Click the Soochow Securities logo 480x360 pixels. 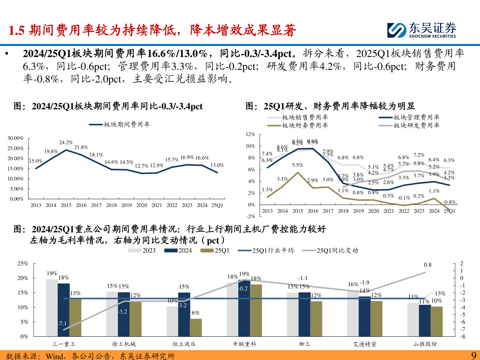pyautogui.click(x=421, y=30)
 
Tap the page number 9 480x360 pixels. pyautogui.click(x=474, y=355)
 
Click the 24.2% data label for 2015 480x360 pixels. pyautogui.click(x=66, y=142)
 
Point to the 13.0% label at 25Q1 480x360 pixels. pyautogui.click(x=217, y=165)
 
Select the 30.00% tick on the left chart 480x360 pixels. pyautogui.click(x=16, y=138)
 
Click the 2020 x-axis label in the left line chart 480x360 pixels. pyautogui.click(x=142, y=205)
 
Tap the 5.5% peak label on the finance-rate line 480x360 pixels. pyautogui.click(x=298, y=165)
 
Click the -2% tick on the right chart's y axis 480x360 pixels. pyautogui.click(x=251, y=216)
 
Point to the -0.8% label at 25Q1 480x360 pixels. pyautogui.click(x=449, y=202)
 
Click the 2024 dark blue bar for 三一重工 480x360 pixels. pyautogui.click(x=64, y=310)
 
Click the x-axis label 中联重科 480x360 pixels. pyautogui.click(x=245, y=344)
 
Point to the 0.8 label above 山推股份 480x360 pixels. pyautogui.click(x=428, y=265)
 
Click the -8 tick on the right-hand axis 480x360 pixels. pyautogui.click(x=463, y=337)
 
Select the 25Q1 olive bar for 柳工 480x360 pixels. pyautogui.click(x=316, y=319)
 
